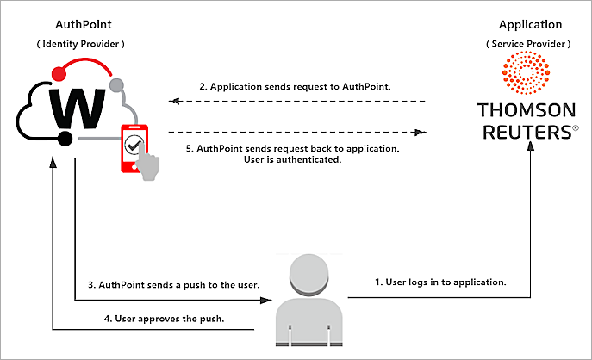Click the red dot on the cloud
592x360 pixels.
click(x=58, y=71)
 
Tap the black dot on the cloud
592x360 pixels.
click(x=63, y=139)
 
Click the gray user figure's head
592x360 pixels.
click(x=308, y=275)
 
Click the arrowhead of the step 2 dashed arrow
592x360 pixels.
click(x=172, y=102)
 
